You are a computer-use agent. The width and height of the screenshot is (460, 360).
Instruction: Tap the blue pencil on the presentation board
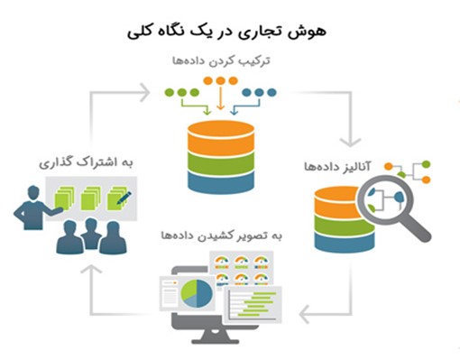(124, 194)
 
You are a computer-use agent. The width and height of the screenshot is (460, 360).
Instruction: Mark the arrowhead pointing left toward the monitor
(305, 315)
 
